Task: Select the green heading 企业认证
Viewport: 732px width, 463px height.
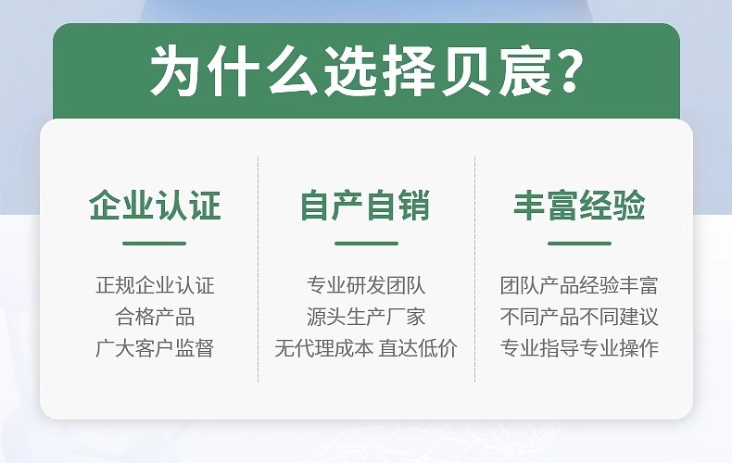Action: pos(155,206)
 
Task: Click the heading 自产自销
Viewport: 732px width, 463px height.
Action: pos(366,206)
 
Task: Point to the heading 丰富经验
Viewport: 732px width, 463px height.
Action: pos(579,206)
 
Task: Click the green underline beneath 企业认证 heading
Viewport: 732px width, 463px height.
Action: pos(155,244)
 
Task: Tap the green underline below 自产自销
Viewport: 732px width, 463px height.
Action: pos(366,244)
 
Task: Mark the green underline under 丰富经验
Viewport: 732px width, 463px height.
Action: pos(579,244)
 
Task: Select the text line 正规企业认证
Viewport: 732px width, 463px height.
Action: pos(155,286)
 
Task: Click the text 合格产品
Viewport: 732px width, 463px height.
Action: pos(155,317)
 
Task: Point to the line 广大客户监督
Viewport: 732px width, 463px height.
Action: pos(155,348)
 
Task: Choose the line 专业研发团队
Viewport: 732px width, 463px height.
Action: pos(366,286)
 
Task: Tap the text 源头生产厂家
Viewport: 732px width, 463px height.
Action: pos(366,317)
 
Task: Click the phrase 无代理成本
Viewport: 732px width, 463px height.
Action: pos(323,348)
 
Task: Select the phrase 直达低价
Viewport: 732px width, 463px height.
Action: pos(418,348)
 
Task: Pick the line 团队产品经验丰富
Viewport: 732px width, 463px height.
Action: pos(579,286)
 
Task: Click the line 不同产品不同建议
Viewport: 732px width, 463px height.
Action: pos(579,317)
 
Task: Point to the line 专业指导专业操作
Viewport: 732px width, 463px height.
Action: pos(579,348)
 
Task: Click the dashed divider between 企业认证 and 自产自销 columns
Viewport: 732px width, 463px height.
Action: pos(259,269)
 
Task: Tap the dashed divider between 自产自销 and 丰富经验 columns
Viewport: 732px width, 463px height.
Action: pos(474,269)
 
